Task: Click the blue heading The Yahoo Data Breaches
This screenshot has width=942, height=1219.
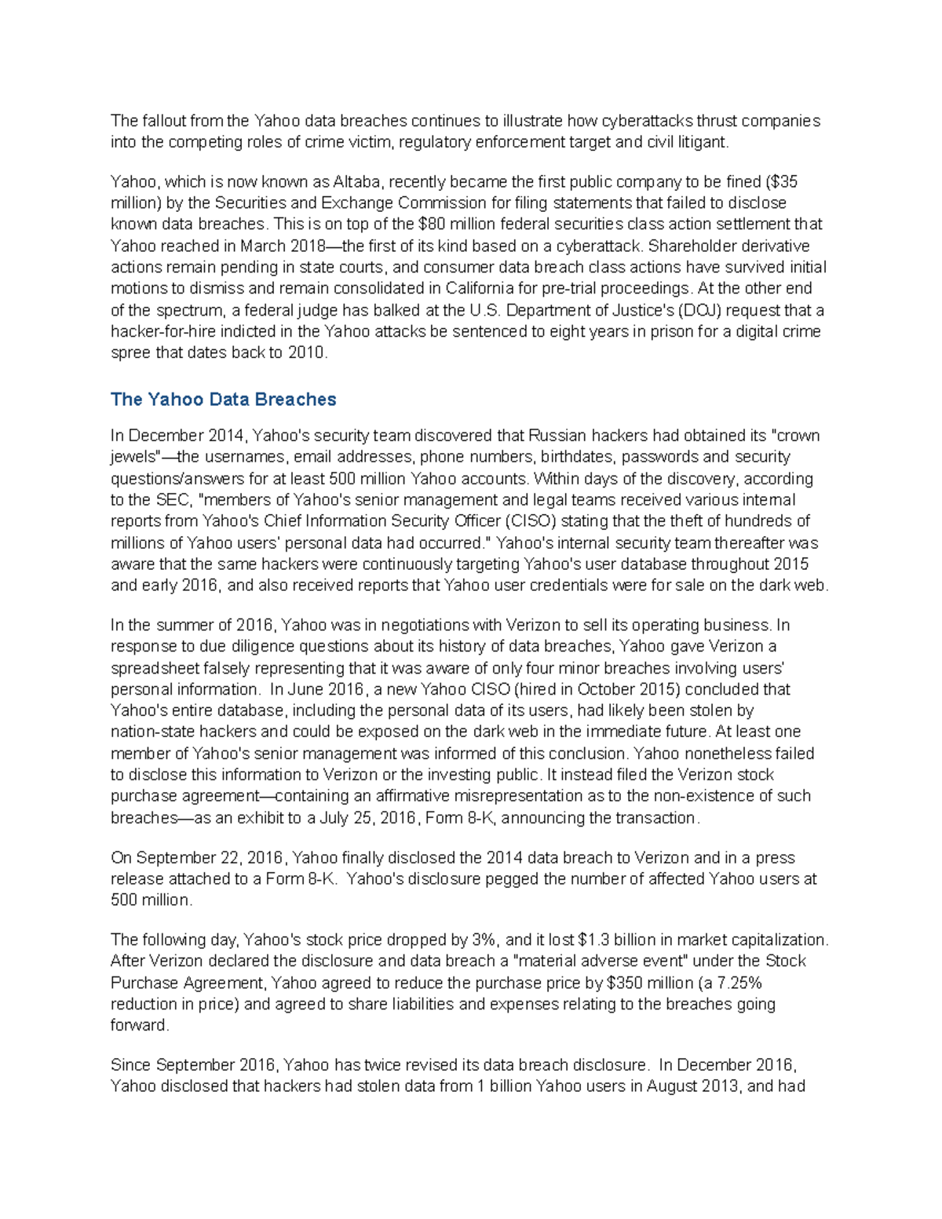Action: tap(223, 400)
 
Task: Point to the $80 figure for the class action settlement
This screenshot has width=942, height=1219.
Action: tap(433, 224)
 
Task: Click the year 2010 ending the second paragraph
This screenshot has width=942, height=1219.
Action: tap(306, 352)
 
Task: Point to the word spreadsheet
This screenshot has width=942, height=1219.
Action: tap(155, 668)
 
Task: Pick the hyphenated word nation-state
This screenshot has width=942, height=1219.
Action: tap(155, 732)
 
